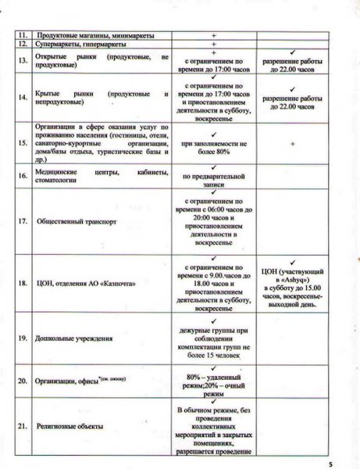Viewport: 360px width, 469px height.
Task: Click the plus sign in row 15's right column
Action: [291, 145]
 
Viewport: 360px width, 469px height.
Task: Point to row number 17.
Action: [23, 221]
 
